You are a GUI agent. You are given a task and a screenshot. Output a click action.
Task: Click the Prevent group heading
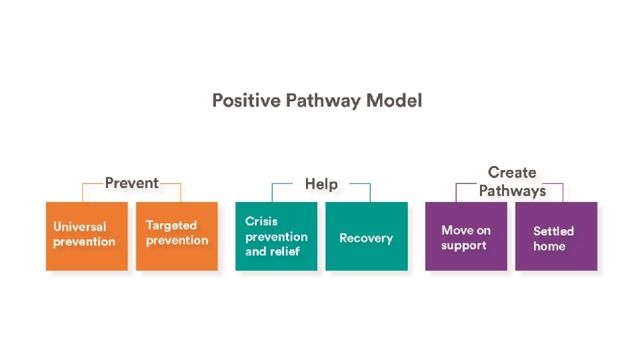132,183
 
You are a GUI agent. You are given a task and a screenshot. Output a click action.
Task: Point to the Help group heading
321,184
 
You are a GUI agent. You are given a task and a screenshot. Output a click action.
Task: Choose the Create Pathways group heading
512,181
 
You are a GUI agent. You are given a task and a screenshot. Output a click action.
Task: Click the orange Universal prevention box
87,236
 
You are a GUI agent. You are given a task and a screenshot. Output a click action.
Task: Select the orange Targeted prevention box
177,236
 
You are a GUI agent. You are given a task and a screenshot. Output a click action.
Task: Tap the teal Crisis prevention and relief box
276,236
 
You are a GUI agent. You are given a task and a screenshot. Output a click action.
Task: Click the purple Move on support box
466,236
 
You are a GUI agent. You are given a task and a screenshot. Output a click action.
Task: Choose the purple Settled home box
556,236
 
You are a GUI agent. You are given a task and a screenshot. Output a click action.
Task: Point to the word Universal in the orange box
79,226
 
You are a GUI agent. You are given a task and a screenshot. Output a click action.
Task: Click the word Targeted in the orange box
171,225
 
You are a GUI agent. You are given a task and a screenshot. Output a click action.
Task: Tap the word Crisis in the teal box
261,221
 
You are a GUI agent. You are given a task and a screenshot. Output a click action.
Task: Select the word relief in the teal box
284,251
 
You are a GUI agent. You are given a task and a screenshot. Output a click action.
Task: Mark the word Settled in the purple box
553,231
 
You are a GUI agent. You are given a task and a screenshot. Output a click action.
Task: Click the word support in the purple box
463,245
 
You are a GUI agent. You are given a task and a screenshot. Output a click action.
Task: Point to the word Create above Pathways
512,173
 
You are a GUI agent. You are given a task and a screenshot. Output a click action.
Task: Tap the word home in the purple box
549,246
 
